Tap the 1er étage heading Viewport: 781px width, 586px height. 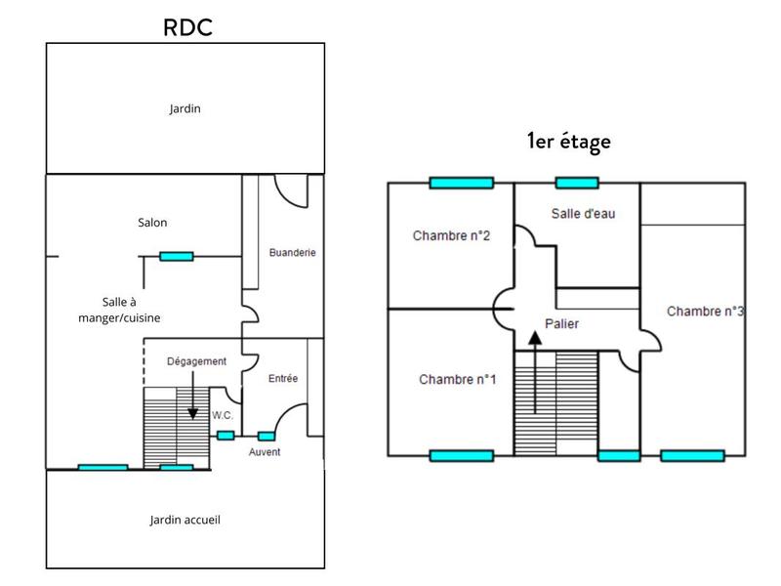[568, 141]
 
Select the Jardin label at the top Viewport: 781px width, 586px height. [185, 108]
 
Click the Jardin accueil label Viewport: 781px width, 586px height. [185, 520]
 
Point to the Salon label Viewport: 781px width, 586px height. [152, 223]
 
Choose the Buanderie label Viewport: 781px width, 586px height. [292, 252]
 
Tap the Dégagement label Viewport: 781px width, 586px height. [196, 361]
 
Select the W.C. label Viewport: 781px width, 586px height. [224, 415]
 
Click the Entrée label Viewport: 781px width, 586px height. [282, 378]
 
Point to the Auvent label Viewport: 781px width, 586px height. [265, 452]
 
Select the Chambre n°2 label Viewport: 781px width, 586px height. [451, 235]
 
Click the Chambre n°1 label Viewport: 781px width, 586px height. [458, 379]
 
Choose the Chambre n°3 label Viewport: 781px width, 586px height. [706, 312]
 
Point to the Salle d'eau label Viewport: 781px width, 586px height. [582, 214]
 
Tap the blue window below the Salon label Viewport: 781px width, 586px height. [176, 257]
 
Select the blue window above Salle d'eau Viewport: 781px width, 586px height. [577, 183]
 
